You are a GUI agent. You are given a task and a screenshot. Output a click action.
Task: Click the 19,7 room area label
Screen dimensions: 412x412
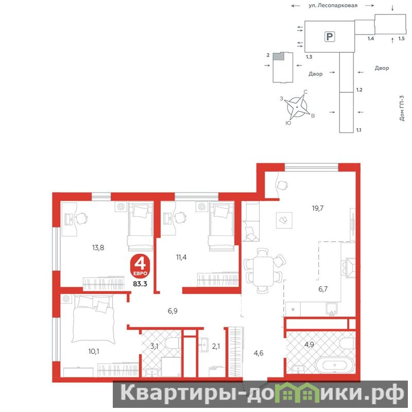(x=318, y=209)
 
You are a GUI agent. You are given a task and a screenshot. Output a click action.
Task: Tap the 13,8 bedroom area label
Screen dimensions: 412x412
(x=98, y=248)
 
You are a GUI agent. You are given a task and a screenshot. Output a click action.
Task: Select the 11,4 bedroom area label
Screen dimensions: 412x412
(x=181, y=257)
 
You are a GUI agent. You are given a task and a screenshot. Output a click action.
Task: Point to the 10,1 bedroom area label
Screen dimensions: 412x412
(x=94, y=351)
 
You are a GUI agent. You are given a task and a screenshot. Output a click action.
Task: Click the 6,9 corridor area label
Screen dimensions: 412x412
(x=173, y=311)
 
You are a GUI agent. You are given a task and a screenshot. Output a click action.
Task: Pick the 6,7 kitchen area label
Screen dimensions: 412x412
(x=323, y=289)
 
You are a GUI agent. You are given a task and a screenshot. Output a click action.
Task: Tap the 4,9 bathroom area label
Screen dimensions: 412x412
(x=310, y=344)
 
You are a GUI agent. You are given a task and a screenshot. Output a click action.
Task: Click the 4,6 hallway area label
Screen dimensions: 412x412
(x=259, y=353)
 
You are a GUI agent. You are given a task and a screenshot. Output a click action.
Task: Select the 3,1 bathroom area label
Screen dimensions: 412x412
(x=154, y=346)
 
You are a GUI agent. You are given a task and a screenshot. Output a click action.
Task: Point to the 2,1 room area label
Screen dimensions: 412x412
(x=216, y=347)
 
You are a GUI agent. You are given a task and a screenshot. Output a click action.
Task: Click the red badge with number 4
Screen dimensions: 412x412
(x=140, y=266)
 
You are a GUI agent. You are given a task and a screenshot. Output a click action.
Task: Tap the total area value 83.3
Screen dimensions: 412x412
(x=140, y=284)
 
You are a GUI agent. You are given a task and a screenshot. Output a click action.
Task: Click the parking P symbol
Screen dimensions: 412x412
(x=330, y=37)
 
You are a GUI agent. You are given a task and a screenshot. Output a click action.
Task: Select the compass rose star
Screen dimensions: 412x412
(x=297, y=107)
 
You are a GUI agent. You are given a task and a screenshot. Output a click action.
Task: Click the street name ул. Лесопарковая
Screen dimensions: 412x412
(x=333, y=5)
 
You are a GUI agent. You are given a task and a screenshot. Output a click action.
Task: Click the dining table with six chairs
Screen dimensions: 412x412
(x=264, y=270)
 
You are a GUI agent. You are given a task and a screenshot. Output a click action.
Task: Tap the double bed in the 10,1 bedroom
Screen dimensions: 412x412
(x=94, y=318)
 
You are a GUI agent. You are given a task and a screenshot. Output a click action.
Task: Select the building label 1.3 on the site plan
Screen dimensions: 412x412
(x=309, y=57)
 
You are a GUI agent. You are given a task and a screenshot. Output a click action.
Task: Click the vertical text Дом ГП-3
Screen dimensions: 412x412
(x=402, y=108)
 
